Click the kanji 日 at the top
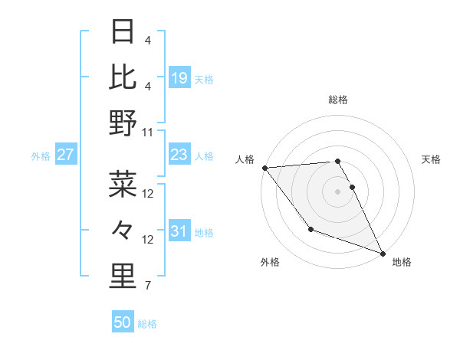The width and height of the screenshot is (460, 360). [x=123, y=31]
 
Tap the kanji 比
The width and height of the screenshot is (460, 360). [x=123, y=77]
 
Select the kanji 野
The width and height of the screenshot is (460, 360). [x=123, y=123]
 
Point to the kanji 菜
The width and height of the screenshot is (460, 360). [x=123, y=185]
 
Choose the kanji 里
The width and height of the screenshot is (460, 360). [x=123, y=277]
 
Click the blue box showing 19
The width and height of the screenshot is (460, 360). [x=179, y=78]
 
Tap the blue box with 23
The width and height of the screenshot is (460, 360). [x=179, y=155]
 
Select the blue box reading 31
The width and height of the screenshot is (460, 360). [x=179, y=231]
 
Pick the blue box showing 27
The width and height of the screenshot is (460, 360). [x=66, y=155]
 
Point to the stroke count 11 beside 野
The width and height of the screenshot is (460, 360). [x=148, y=132]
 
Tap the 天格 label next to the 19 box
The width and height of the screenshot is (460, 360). [x=203, y=79]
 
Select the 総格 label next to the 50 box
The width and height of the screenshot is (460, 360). [x=147, y=324]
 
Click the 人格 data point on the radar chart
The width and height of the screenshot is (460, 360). [x=264, y=168]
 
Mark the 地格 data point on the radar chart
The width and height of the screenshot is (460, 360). [x=383, y=253]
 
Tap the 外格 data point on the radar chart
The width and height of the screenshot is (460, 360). [x=310, y=229]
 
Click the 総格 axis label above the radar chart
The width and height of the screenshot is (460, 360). [x=338, y=100]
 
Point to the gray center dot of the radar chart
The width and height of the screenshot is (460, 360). [x=338, y=191]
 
